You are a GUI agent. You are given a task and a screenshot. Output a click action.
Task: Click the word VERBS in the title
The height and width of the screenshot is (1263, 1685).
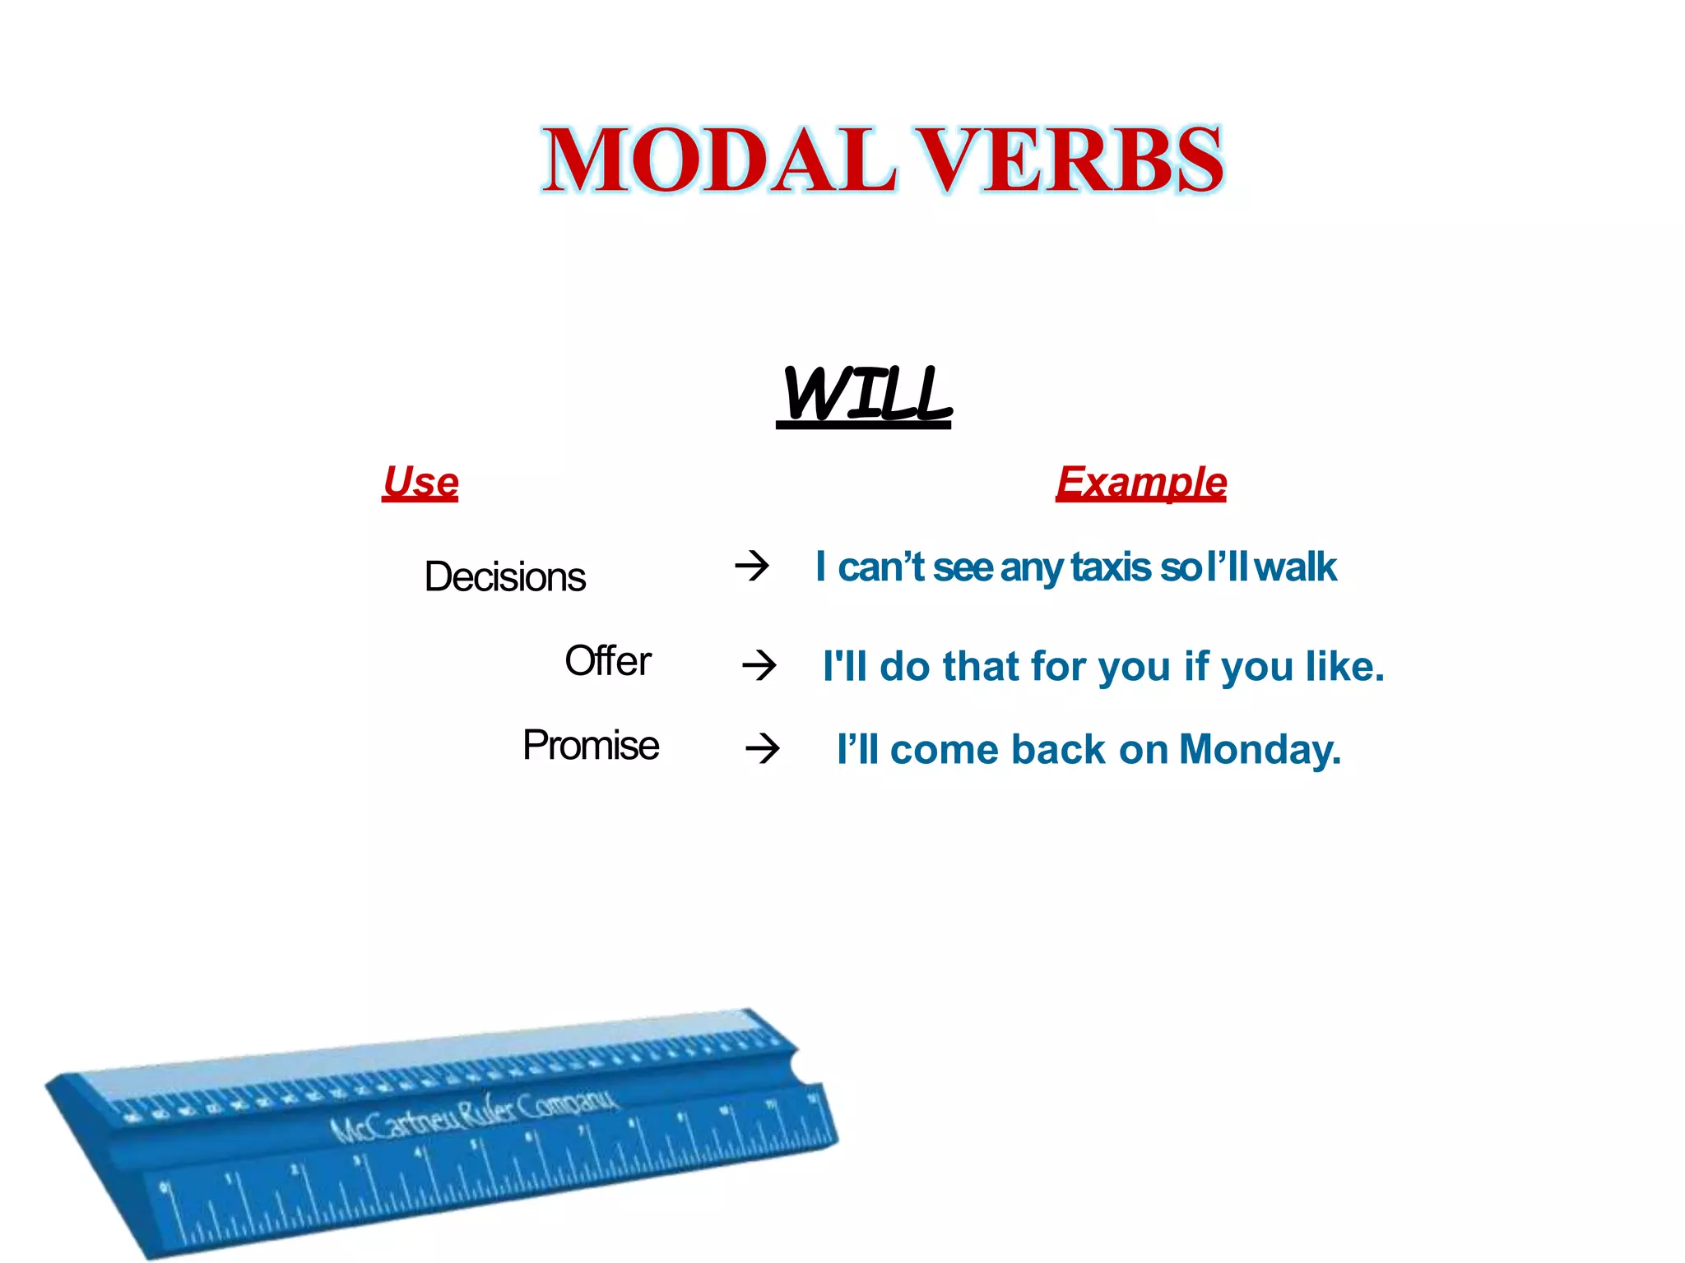tap(1070, 160)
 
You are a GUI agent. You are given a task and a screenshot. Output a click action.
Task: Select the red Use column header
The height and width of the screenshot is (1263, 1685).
tap(420, 482)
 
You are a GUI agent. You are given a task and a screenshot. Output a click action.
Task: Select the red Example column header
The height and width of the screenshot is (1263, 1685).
tap(1141, 483)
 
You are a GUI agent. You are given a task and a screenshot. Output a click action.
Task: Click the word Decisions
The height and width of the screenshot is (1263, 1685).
tap(504, 576)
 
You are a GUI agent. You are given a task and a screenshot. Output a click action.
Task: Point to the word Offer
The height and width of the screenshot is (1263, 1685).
tap(607, 661)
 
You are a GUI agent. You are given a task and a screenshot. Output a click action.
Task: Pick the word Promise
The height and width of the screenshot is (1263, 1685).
tap(591, 746)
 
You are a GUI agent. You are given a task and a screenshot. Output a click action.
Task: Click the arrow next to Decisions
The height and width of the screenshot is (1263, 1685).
tap(751, 566)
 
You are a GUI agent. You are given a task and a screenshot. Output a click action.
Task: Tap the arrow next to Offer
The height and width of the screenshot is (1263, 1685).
tap(759, 664)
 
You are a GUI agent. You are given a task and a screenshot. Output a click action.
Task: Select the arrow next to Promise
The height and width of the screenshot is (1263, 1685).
tap(762, 748)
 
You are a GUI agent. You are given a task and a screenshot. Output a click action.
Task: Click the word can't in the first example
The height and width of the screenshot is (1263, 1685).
tap(880, 567)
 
